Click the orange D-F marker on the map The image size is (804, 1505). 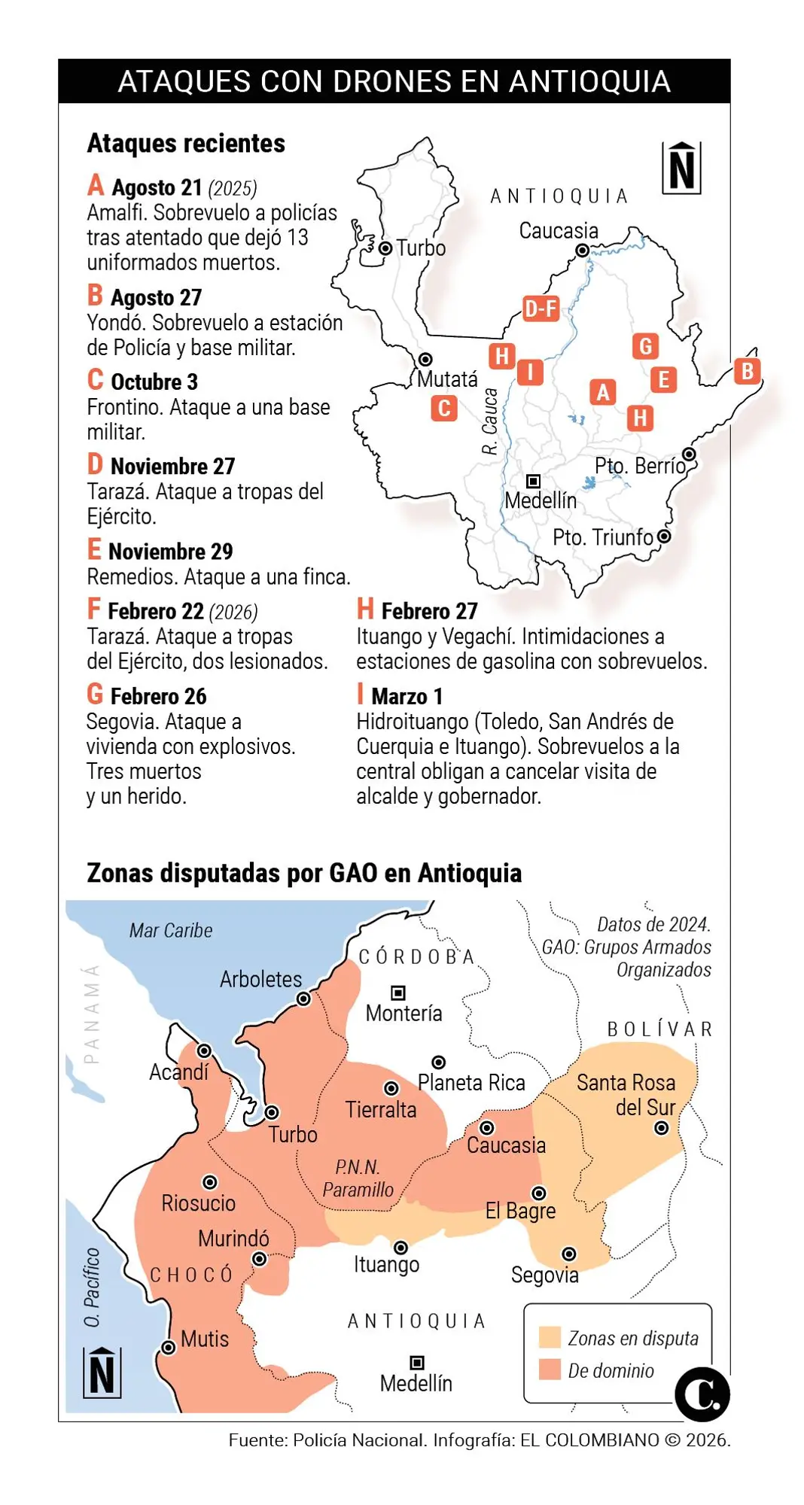tap(541, 309)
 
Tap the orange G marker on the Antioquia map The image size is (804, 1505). tap(645, 346)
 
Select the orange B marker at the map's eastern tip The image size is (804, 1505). tap(747, 371)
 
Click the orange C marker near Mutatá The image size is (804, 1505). tap(444, 409)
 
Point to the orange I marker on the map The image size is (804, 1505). tap(530, 372)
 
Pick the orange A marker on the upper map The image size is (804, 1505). tap(602, 392)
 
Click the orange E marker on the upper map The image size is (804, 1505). tap(663, 380)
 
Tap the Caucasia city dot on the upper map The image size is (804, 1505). tap(582, 251)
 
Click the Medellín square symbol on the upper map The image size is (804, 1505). tap(533, 481)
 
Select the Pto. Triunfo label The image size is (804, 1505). tap(603, 537)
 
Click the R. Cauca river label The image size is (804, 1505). tap(490, 421)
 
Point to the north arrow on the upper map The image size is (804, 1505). tap(681, 168)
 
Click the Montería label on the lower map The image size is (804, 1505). tap(404, 1013)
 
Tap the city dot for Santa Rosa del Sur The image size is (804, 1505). tap(661, 1128)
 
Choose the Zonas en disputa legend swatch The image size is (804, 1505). tap(550, 1337)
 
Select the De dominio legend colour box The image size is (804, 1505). tap(550, 1370)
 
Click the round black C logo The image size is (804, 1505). tap(702, 1394)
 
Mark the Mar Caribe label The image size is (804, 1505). tap(171, 931)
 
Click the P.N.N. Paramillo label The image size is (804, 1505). tap(358, 1178)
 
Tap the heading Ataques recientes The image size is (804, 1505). tap(186, 143)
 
